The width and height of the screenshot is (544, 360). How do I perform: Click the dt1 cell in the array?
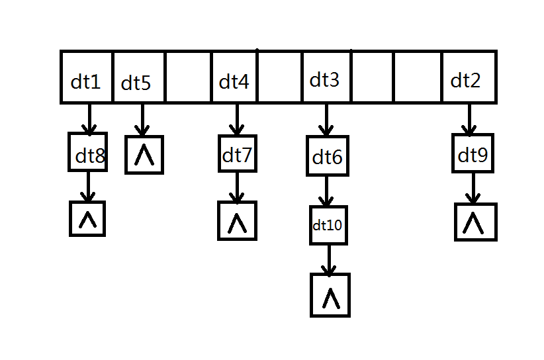pyautogui.click(x=87, y=77)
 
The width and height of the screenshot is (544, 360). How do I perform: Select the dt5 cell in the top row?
pyautogui.click(x=138, y=77)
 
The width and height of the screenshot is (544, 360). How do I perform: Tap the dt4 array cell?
pyautogui.click(x=234, y=77)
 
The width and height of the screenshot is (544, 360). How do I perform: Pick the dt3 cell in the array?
pyautogui.click(x=326, y=77)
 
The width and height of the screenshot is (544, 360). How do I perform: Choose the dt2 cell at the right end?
pyautogui.click(x=467, y=77)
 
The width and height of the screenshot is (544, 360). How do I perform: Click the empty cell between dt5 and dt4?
pyautogui.click(x=188, y=77)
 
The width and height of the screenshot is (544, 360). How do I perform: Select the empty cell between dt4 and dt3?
pyautogui.click(x=279, y=77)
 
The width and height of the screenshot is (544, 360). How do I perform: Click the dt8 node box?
pyautogui.click(x=87, y=152)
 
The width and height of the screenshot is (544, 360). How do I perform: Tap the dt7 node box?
pyautogui.click(x=237, y=153)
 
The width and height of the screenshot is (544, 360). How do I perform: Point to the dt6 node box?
pyautogui.click(x=327, y=156)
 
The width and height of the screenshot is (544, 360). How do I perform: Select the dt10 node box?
pyautogui.click(x=328, y=225)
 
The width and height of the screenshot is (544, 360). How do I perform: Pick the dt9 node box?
pyautogui.click(x=472, y=153)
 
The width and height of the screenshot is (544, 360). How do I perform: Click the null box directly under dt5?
pyautogui.click(x=144, y=155)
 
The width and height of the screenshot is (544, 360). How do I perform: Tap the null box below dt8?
pyautogui.click(x=87, y=218)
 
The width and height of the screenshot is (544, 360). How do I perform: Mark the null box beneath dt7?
pyautogui.click(x=237, y=220)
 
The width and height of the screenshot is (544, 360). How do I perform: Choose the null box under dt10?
pyautogui.click(x=330, y=295)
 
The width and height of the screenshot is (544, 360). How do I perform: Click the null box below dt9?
pyautogui.click(x=475, y=222)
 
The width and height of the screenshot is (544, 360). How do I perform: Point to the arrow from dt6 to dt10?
pyautogui.click(x=325, y=191)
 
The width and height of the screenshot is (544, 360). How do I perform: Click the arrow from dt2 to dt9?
pyautogui.click(x=469, y=119)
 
